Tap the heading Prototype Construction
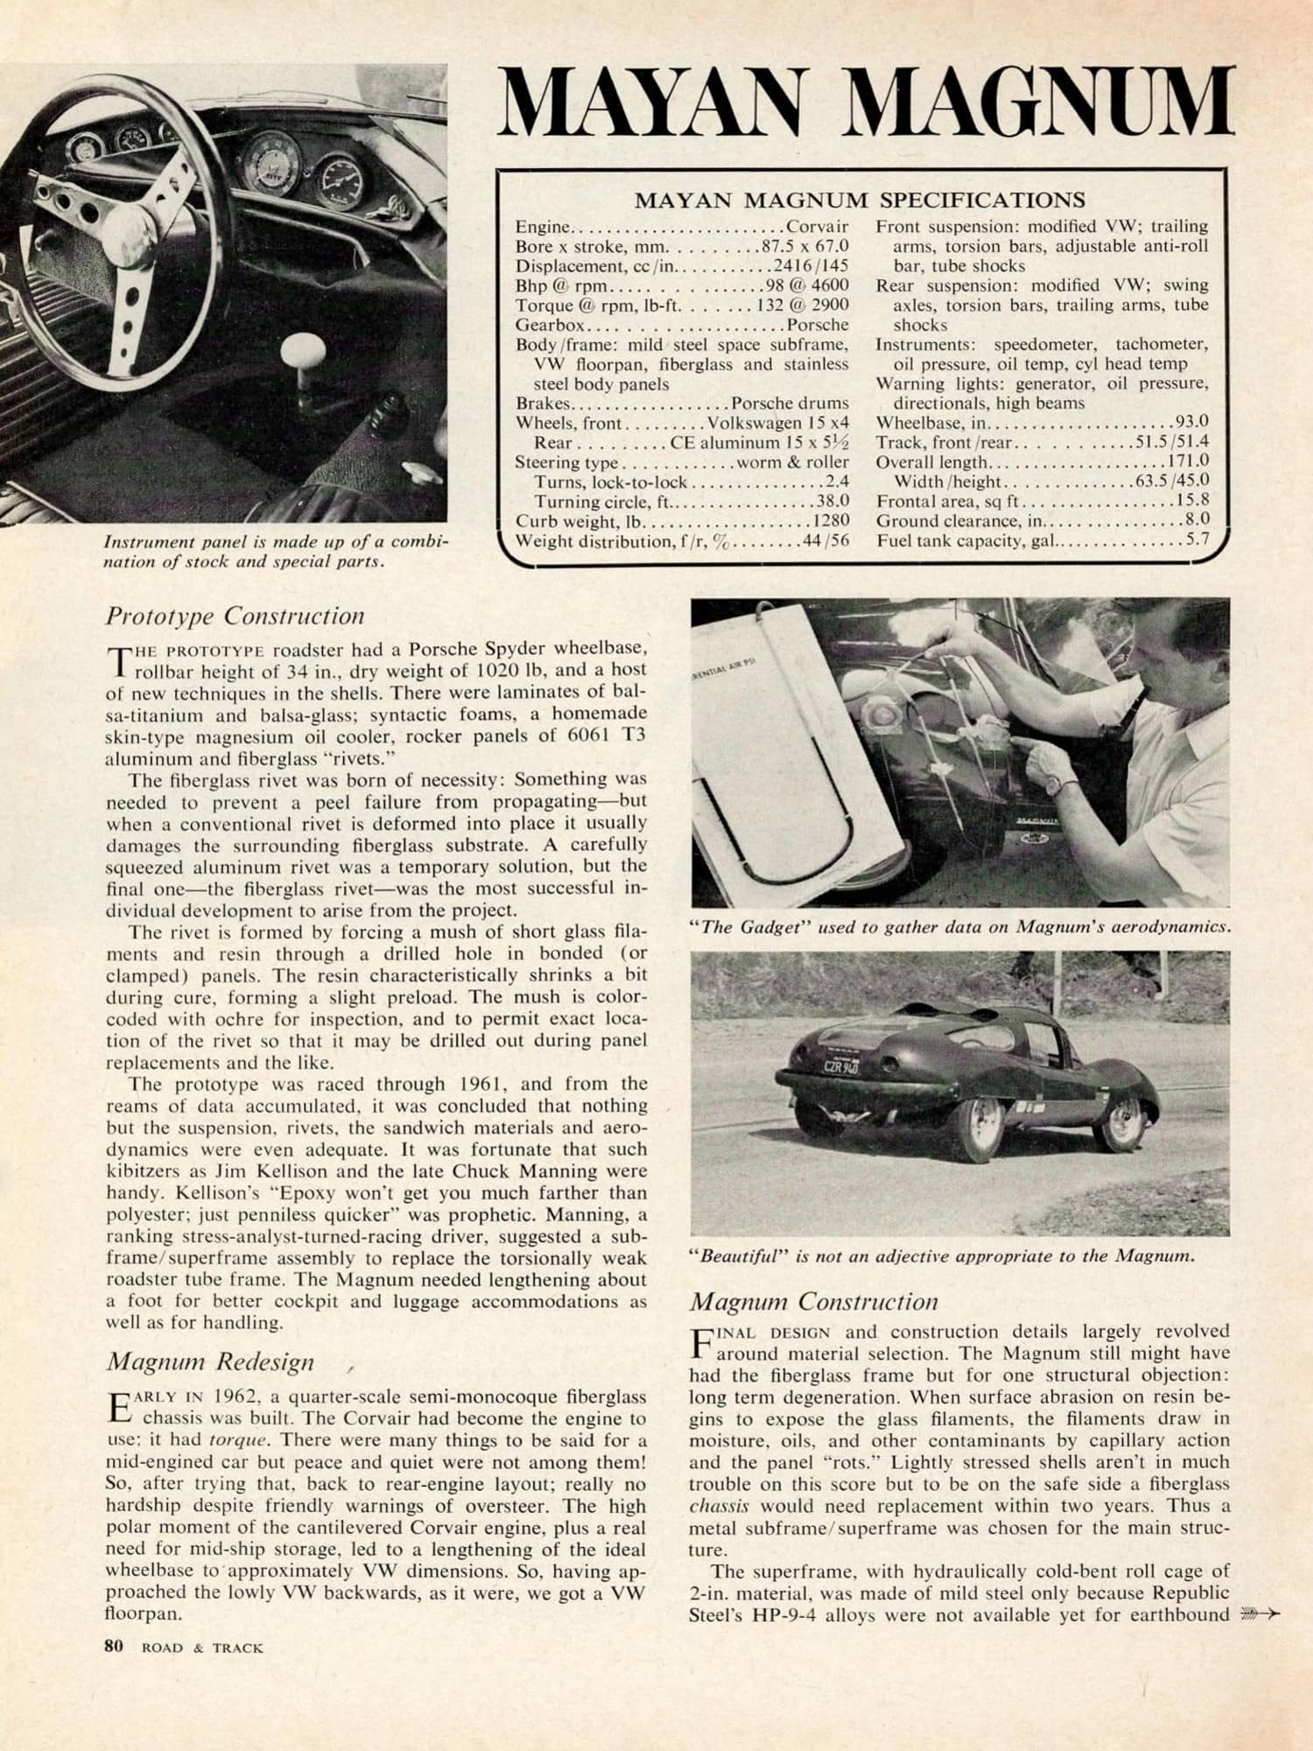235,615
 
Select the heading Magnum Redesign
210,1361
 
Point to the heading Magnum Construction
813,1301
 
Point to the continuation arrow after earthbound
1260,1614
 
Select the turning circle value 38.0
832,502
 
